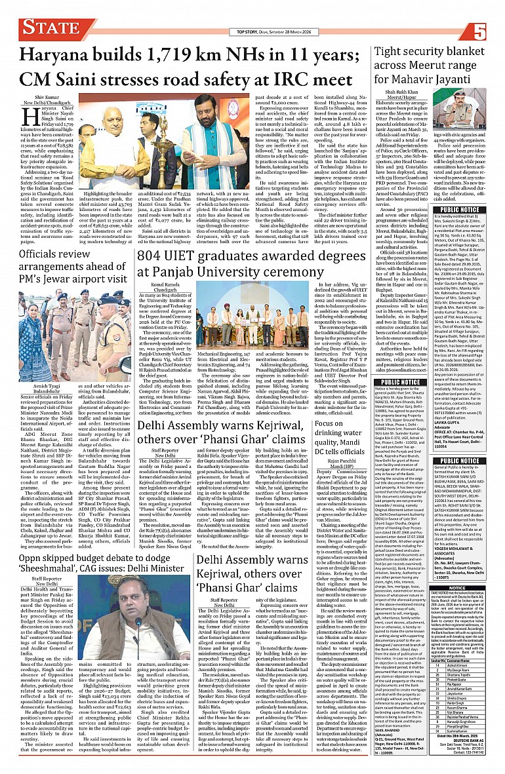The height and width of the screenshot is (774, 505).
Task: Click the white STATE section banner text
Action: [x=49, y=28]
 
